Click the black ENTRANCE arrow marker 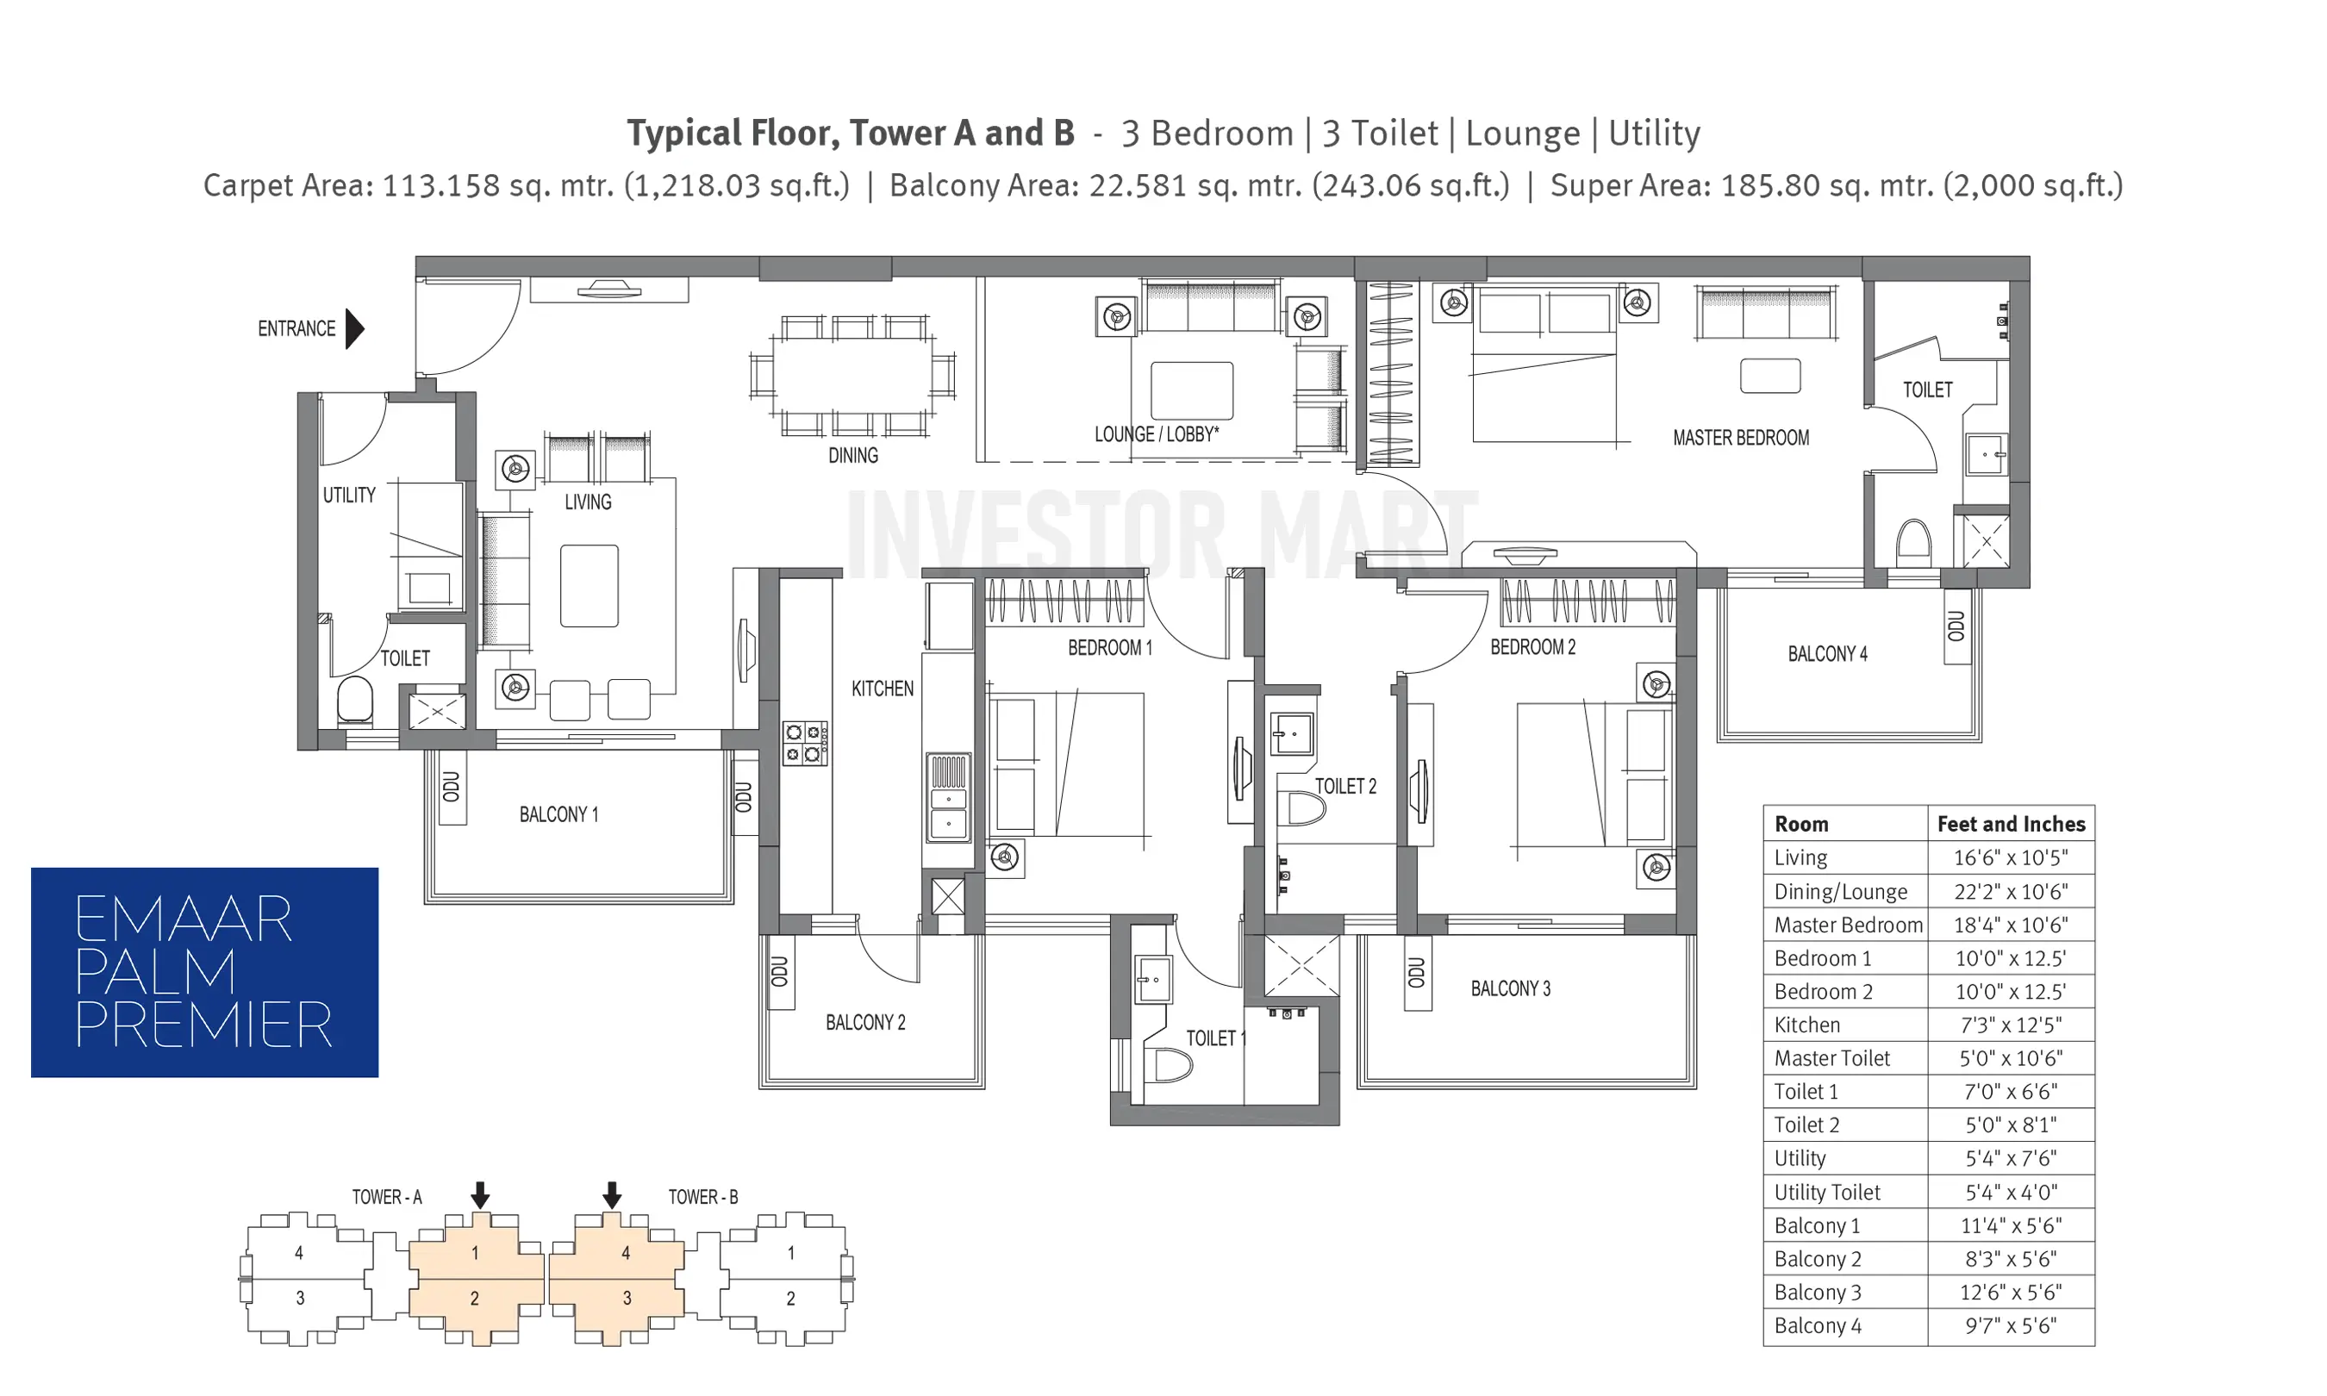point(353,328)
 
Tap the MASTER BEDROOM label point(1740,438)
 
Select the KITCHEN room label point(883,689)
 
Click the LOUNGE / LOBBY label point(1156,433)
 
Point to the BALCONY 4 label point(1827,654)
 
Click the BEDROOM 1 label point(1110,647)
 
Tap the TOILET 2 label point(1345,786)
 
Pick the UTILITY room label point(349,495)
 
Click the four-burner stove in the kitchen point(805,743)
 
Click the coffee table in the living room point(589,585)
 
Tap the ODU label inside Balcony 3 point(1417,973)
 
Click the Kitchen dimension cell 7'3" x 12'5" point(2010,1025)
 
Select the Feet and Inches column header point(2011,824)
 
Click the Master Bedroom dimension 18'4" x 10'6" point(2010,925)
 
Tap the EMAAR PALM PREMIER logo point(204,972)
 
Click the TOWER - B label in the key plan point(702,1197)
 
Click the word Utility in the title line point(1654,134)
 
